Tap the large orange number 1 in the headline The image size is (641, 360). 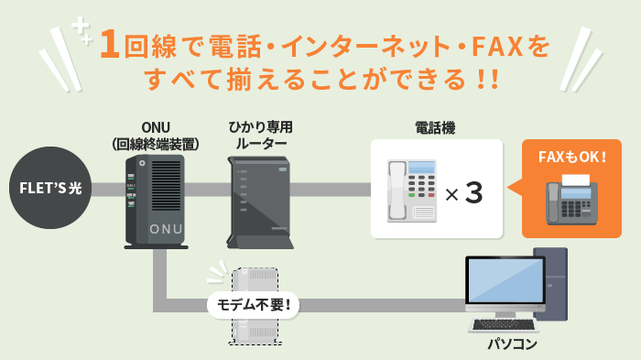tap(110, 45)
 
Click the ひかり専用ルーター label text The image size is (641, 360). tap(261, 135)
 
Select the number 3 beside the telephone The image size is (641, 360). tap(473, 193)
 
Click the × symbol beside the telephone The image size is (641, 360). tap(451, 195)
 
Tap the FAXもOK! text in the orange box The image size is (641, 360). tap(570, 157)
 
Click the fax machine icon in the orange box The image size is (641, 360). tap(570, 202)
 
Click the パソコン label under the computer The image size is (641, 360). tap(512, 345)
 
